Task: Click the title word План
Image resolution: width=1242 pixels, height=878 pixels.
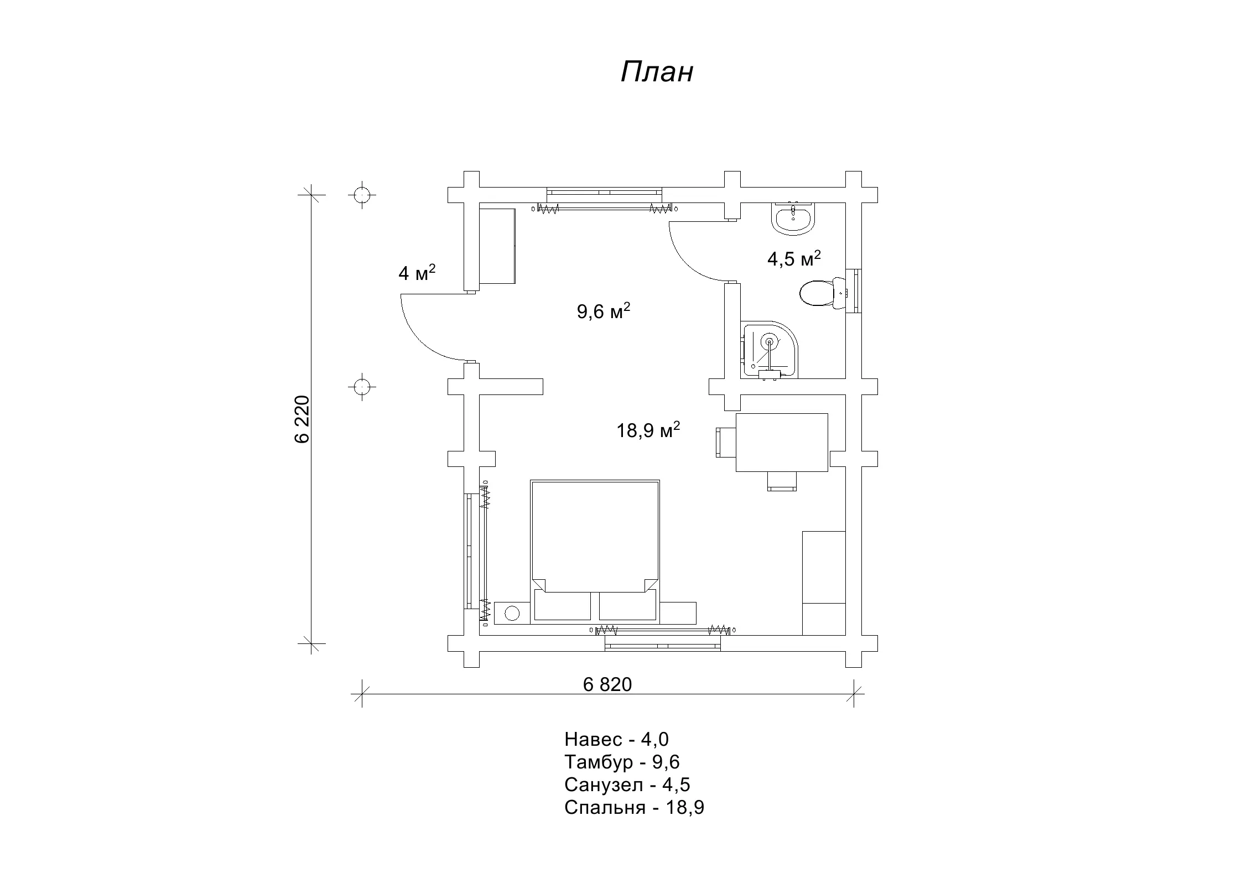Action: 657,72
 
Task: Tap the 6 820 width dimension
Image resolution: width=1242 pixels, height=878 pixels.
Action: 607,684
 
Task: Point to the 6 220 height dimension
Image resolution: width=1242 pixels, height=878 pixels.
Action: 302,419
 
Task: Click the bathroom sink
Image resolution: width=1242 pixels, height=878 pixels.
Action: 793,218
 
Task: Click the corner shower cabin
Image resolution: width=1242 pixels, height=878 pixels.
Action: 770,351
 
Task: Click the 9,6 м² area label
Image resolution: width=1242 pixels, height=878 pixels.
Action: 604,311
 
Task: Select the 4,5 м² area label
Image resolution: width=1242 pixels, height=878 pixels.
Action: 794,258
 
